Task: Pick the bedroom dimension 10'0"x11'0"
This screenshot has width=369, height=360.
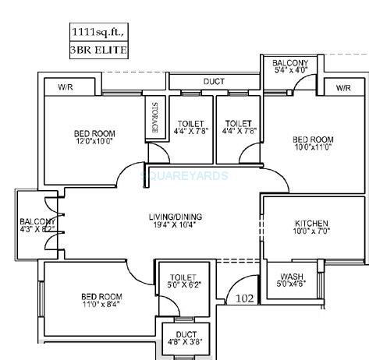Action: [x=313, y=146]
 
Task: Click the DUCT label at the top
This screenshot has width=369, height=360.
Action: [x=215, y=81]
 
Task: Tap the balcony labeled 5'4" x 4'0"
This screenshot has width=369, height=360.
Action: [x=290, y=70]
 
